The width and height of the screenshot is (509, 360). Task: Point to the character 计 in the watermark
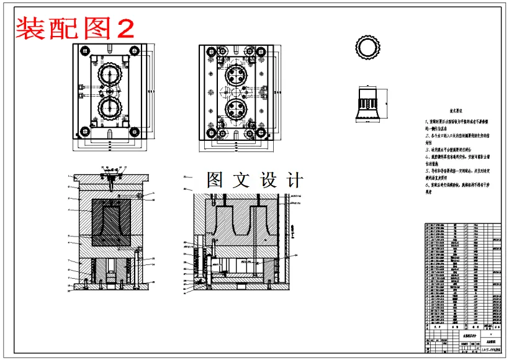(x=292, y=180)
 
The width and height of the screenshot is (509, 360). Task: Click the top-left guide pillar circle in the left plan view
(x=81, y=52)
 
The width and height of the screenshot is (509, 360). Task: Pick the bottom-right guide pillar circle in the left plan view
(x=133, y=132)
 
